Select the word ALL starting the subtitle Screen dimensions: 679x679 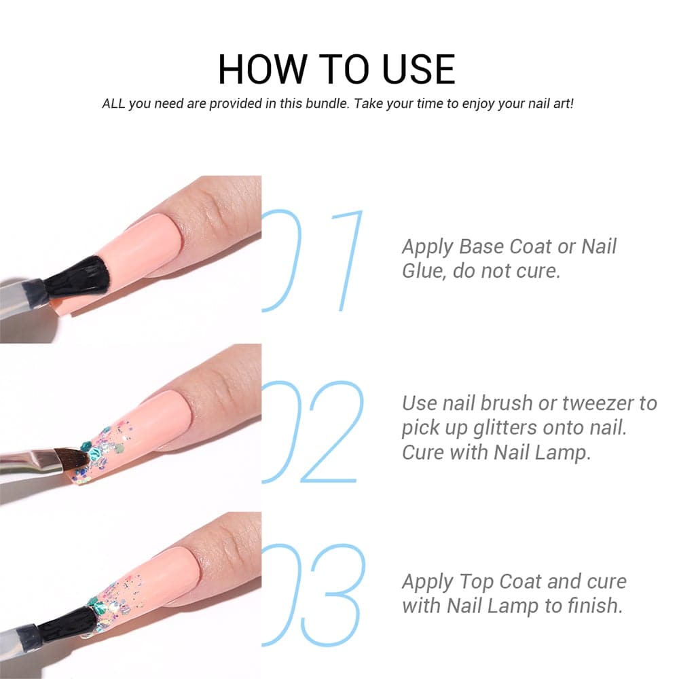(113, 104)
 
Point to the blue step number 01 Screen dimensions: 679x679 (312, 260)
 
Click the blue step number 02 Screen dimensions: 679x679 (312, 432)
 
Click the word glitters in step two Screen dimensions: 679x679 (505, 428)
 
